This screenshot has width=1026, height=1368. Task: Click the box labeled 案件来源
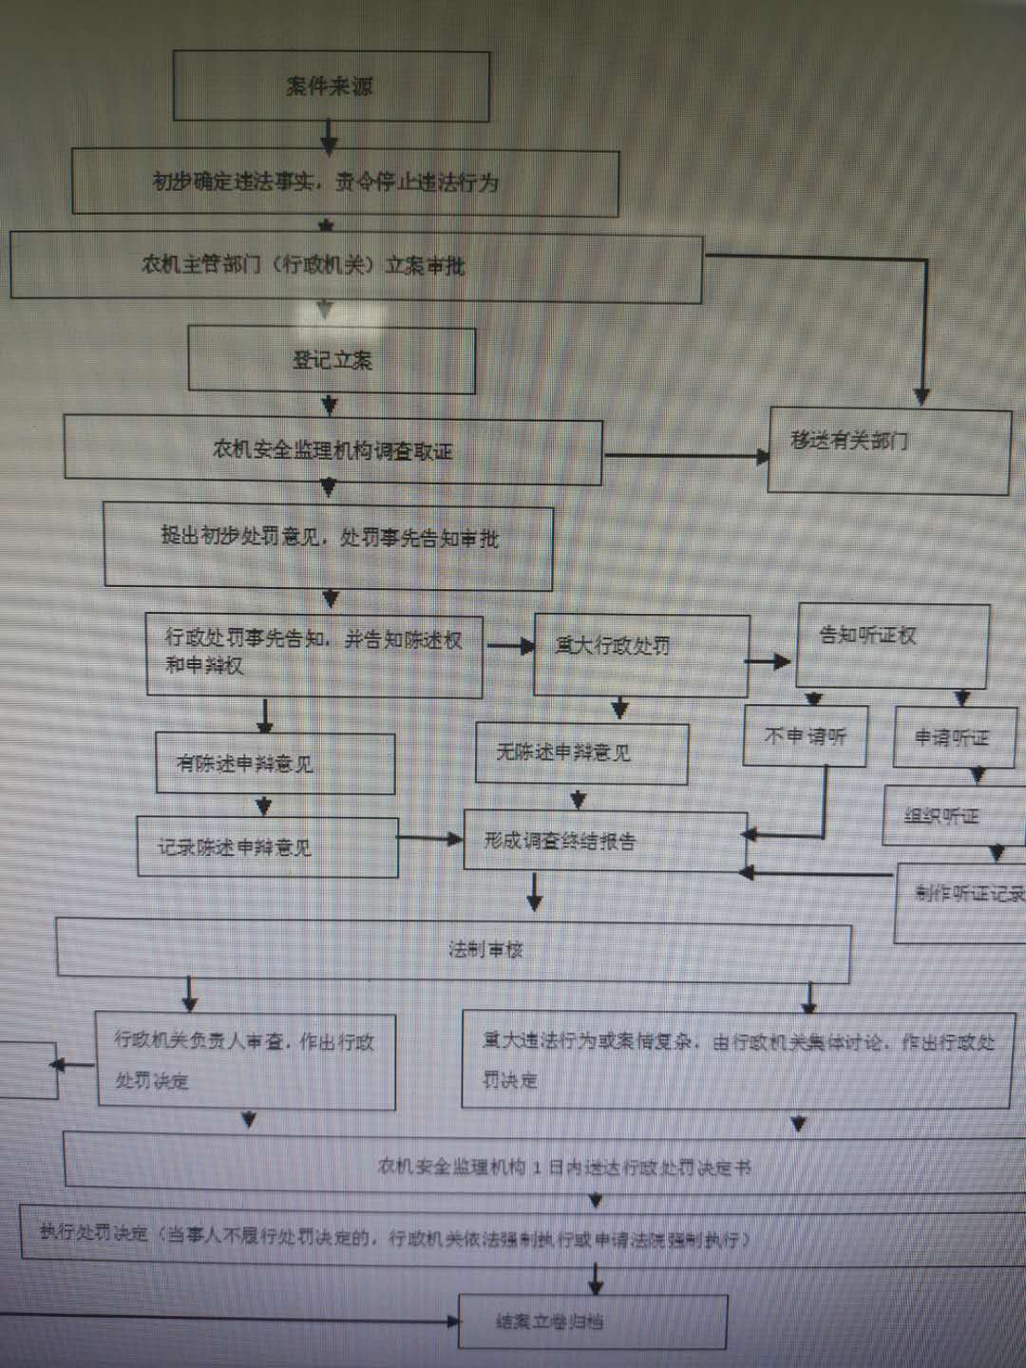coord(331,86)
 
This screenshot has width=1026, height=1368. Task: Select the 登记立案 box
coord(332,360)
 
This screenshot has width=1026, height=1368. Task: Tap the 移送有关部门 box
coord(888,450)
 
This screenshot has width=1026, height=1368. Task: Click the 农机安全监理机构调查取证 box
coord(332,449)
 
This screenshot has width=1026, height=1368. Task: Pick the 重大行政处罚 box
coord(641,655)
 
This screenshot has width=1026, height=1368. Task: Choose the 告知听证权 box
coord(892,645)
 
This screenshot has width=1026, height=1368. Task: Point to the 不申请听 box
coord(806,736)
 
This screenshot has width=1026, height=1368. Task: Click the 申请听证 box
coord(954,737)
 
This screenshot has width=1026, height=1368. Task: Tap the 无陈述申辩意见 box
coord(580,753)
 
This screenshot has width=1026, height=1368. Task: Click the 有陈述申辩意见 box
coord(275,764)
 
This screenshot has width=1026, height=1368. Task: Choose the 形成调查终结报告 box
coord(604,841)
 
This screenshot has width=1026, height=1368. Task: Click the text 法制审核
coord(485,949)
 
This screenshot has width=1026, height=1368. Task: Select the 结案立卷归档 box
coord(592,1321)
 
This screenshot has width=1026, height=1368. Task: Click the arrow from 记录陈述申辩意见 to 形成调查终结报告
coord(429,839)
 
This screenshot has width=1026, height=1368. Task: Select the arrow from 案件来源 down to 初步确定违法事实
coord(329,137)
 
